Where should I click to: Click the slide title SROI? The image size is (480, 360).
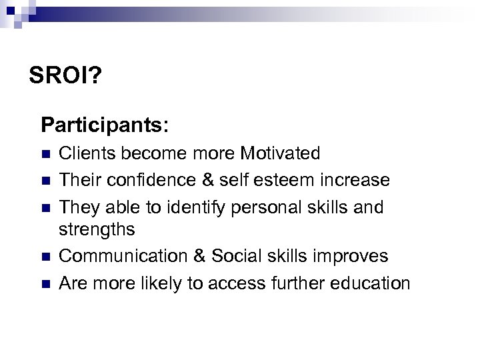tap(65, 75)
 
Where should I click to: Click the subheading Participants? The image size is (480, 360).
tap(105, 125)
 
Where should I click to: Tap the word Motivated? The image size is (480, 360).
tap(280, 154)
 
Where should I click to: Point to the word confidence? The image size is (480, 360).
tap(146, 180)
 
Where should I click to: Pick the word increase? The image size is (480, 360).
tap(358, 180)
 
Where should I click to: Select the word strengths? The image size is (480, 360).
tap(97, 230)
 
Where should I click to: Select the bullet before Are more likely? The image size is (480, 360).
tap(45, 284)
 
